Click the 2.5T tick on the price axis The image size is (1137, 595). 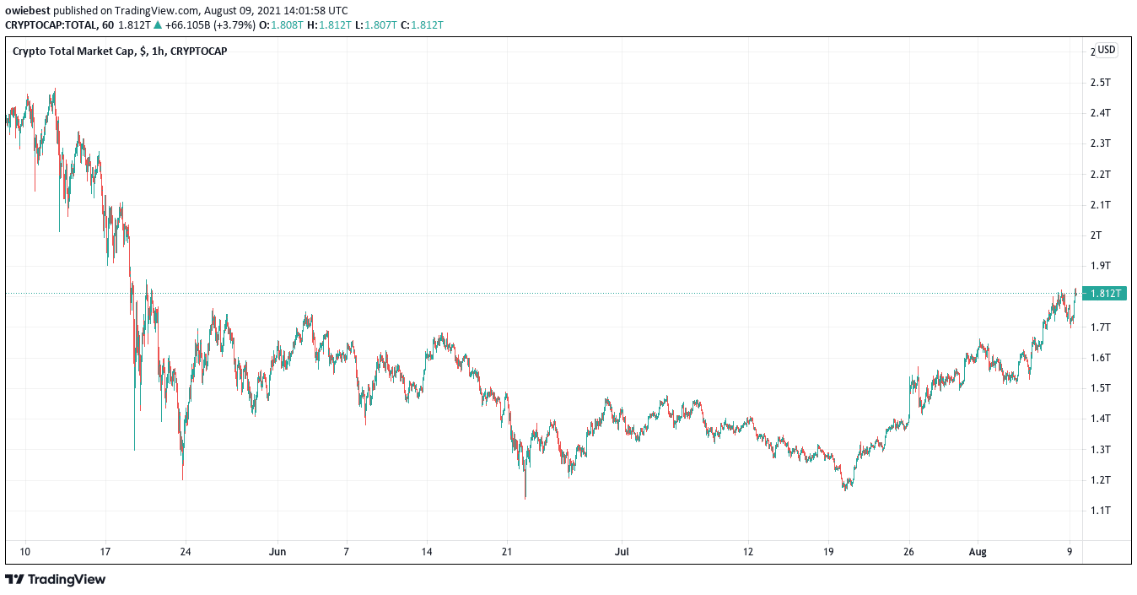[x=1100, y=83]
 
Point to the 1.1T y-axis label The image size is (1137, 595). [x=1100, y=511]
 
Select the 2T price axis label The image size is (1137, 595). [x=1097, y=235]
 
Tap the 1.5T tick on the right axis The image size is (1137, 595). [x=1100, y=388]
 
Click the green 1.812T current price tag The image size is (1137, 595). [x=1106, y=294]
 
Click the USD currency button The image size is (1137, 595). [x=1106, y=50]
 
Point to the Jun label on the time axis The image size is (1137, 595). [x=278, y=553]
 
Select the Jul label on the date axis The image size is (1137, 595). [x=622, y=553]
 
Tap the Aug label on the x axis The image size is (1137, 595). [x=978, y=553]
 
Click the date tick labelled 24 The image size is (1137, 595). [x=186, y=553]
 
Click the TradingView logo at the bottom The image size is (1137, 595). [x=56, y=580]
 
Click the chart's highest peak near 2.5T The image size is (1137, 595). [x=55, y=89]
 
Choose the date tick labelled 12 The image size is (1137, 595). [x=747, y=553]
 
